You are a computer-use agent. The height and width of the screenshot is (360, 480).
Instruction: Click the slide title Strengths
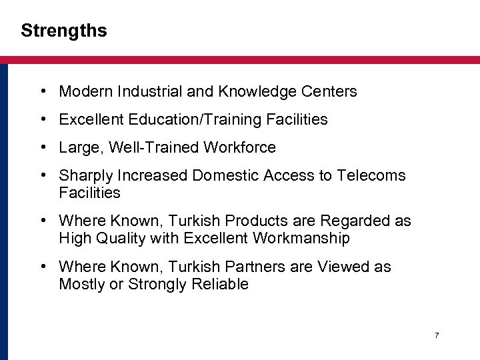click(63, 31)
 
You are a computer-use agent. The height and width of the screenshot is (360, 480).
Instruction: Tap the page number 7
click(437, 335)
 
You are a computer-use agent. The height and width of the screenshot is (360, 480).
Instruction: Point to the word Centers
click(333, 91)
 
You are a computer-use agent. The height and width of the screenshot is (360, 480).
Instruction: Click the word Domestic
click(225, 175)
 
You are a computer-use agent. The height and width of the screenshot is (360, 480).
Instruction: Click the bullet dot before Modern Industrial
click(42, 91)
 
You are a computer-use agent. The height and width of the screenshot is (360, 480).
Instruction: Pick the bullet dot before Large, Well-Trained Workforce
click(42, 147)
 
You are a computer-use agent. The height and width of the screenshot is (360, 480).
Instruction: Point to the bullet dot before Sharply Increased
click(42, 175)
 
